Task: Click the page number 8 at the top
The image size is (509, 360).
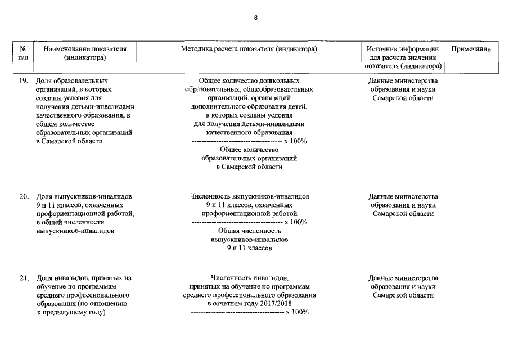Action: pyautogui.click(x=255, y=17)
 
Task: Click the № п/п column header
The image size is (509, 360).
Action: pyautogui.click(x=24, y=53)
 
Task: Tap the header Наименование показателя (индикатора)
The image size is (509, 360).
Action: pyautogui.click(x=85, y=53)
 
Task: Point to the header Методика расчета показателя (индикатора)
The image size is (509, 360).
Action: pyautogui.click(x=249, y=49)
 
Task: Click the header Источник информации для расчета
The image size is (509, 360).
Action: pyautogui.click(x=403, y=57)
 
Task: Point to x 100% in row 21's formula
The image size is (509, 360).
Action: pyautogui.click(x=297, y=312)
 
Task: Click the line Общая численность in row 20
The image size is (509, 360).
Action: pyautogui.click(x=249, y=231)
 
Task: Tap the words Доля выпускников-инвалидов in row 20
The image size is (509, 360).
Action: pyautogui.click(x=84, y=197)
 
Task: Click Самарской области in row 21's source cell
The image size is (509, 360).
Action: pyautogui.click(x=403, y=295)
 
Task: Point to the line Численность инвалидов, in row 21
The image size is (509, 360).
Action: pyautogui.click(x=249, y=278)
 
